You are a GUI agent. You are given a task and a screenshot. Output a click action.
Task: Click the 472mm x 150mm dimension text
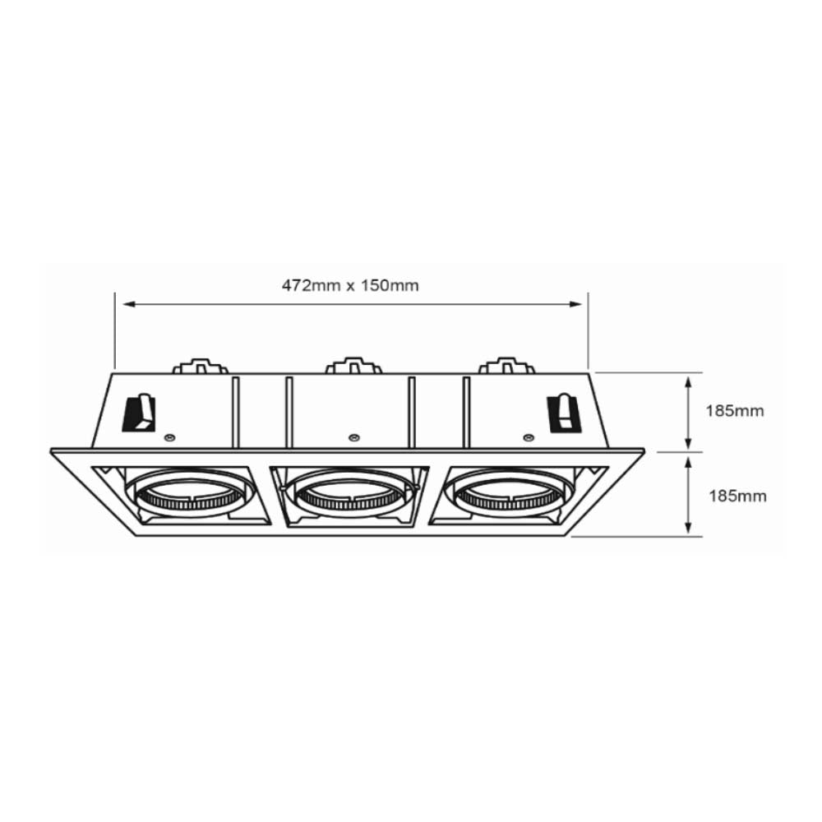pyautogui.click(x=351, y=286)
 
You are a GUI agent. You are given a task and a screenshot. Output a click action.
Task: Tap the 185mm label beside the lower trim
pyautogui.click(x=737, y=496)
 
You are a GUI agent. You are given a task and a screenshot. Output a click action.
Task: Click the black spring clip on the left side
pyautogui.click(x=139, y=413)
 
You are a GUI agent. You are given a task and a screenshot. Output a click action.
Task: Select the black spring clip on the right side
pyautogui.click(x=565, y=413)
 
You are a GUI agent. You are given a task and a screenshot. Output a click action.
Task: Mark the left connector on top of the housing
pyautogui.click(x=200, y=365)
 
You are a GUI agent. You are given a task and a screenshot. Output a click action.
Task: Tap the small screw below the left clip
pyautogui.click(x=169, y=436)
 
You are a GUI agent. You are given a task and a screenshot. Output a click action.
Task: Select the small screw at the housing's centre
pyautogui.click(x=353, y=436)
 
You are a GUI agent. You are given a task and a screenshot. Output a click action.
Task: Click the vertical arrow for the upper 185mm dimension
pyautogui.click(x=689, y=411)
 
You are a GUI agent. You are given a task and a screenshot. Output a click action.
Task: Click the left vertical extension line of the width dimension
pyautogui.click(x=115, y=329)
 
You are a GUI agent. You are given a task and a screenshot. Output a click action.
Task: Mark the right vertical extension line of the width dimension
pyautogui.click(x=589, y=329)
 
